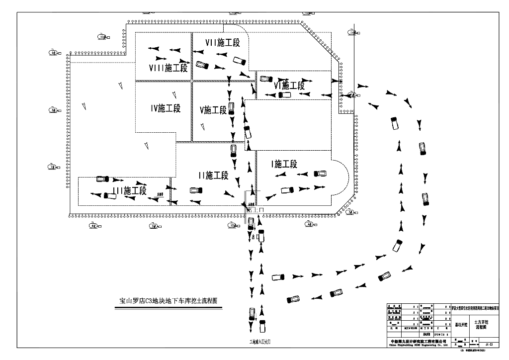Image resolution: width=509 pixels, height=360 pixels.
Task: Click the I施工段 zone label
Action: point(284,164)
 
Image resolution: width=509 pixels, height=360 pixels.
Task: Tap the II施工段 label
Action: point(213,175)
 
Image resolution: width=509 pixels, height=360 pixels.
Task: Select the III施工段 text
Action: point(129,190)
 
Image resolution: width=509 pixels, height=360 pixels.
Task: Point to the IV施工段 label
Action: point(166,108)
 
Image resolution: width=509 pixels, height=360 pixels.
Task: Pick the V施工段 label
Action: point(213,109)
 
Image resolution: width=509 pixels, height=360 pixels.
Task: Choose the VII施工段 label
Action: point(222,43)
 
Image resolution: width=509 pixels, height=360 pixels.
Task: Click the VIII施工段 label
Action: point(169,67)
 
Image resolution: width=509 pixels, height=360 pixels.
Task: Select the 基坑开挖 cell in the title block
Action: point(462,325)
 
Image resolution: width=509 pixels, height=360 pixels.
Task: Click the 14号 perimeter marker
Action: point(353,33)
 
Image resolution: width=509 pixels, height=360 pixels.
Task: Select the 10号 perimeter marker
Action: point(102,37)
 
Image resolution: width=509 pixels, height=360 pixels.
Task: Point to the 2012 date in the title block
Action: point(427,335)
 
